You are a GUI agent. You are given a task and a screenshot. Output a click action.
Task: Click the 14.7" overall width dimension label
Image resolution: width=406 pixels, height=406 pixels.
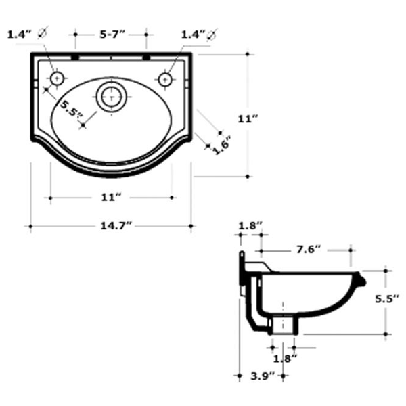[x=116, y=226]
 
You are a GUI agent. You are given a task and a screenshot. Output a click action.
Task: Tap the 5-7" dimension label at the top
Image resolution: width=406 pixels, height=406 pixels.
[x=112, y=35]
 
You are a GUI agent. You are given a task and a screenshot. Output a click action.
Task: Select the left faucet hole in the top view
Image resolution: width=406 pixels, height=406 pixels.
[x=57, y=78]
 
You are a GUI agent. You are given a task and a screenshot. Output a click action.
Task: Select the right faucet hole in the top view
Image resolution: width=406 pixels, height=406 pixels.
[x=165, y=79]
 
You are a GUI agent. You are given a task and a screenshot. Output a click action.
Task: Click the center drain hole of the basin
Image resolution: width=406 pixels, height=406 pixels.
[x=112, y=97]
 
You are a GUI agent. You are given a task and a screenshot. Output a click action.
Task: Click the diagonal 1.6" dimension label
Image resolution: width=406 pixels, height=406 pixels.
[x=221, y=145]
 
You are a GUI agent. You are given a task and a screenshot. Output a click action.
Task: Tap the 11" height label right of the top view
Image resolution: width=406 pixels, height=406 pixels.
[x=248, y=119]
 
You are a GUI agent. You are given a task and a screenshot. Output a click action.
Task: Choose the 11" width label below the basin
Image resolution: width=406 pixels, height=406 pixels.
[x=111, y=198]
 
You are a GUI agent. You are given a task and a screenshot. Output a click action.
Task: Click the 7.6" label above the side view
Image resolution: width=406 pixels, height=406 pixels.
[x=309, y=249]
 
